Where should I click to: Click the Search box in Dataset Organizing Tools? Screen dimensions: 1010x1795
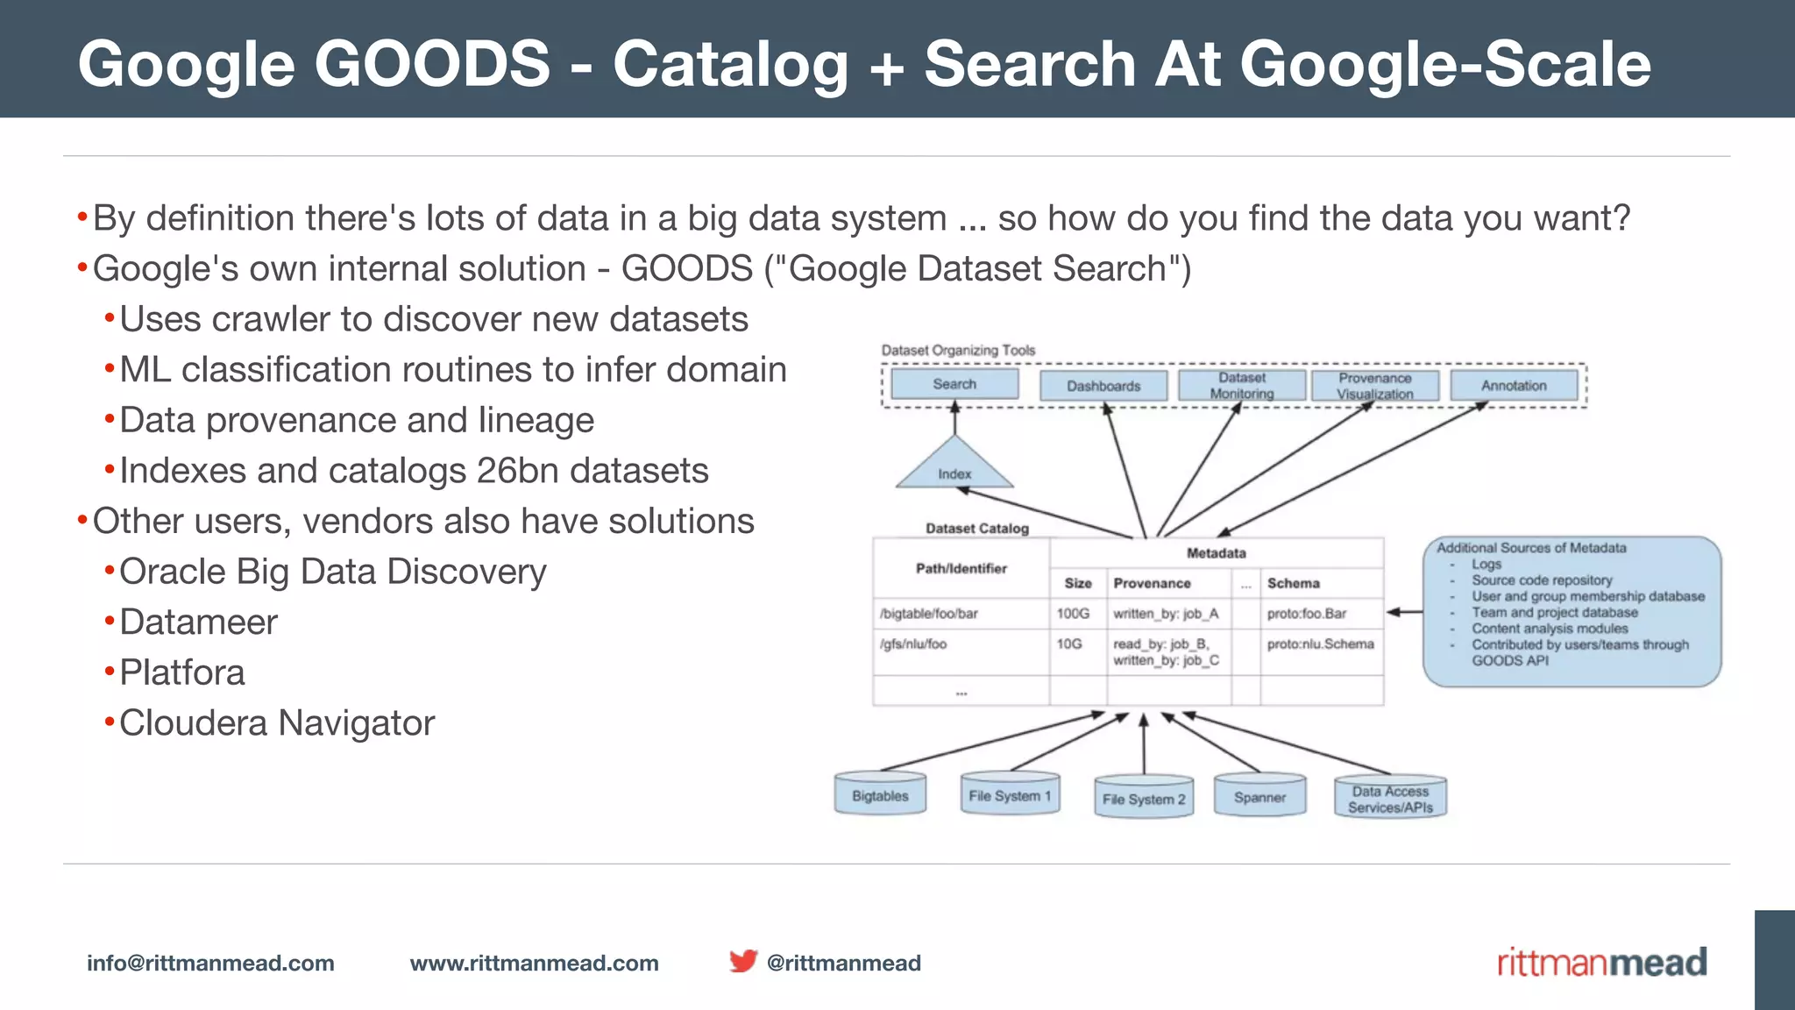[x=954, y=384]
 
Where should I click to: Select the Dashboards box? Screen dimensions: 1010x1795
[x=1103, y=386]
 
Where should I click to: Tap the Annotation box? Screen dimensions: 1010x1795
[x=1514, y=386]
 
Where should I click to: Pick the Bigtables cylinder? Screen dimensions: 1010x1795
[x=880, y=795]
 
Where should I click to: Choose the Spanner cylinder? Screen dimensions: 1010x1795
[x=1259, y=796]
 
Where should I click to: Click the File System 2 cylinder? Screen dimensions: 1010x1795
[x=1144, y=798]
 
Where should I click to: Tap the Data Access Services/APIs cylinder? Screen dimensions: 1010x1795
[x=1390, y=799]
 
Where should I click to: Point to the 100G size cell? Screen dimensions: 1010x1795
[x=1073, y=614]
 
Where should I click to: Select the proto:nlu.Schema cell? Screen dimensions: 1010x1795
[x=1320, y=644]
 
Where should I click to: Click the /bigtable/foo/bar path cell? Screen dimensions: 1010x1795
[x=929, y=614]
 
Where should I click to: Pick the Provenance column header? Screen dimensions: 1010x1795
[x=1152, y=583]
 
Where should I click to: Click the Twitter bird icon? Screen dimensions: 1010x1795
[x=743, y=961]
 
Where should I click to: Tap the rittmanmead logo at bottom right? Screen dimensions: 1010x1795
[x=1601, y=963]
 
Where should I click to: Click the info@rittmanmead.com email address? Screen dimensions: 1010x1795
[x=210, y=963]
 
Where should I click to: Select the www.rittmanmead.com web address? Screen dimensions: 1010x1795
[x=534, y=963]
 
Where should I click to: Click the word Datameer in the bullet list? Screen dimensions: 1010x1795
[x=198, y=622]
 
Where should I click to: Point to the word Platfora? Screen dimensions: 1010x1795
[x=182, y=672]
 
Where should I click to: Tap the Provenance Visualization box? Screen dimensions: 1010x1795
[x=1374, y=386]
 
